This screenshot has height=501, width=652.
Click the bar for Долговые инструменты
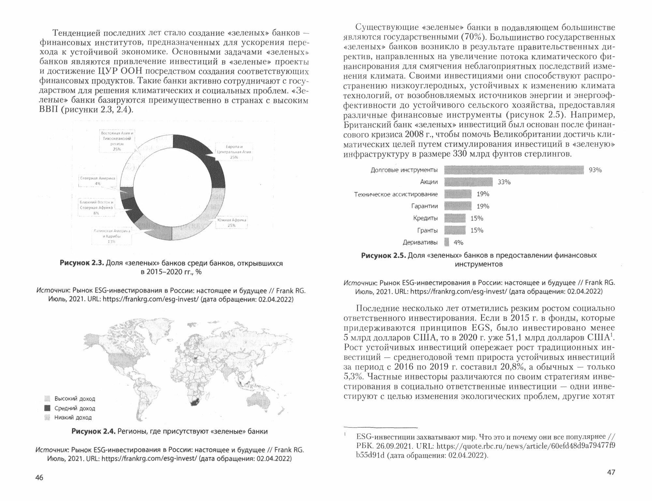click(x=514, y=170)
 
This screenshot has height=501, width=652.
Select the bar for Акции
click(x=468, y=182)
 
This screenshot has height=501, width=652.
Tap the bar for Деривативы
click(x=447, y=242)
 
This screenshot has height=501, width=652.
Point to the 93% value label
click(x=595, y=170)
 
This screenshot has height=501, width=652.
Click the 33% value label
click(x=504, y=182)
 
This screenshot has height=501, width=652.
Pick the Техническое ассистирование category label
click(x=396, y=194)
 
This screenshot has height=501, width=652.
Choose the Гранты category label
click(x=427, y=231)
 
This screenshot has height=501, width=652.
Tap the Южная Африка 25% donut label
click(x=231, y=222)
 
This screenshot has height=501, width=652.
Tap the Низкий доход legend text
click(x=73, y=417)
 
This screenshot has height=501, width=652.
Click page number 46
click(x=39, y=478)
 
